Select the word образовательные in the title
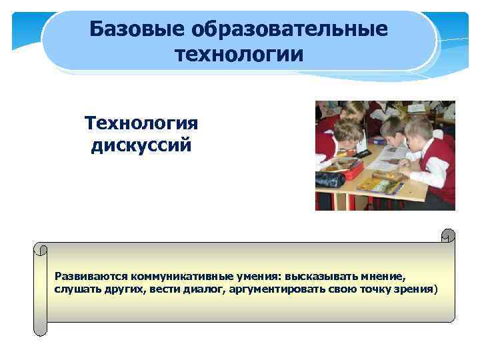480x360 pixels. click(x=288, y=29)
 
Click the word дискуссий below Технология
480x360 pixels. click(x=141, y=145)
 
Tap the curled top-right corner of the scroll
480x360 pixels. click(x=449, y=235)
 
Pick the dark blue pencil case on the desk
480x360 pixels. click(x=330, y=179)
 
